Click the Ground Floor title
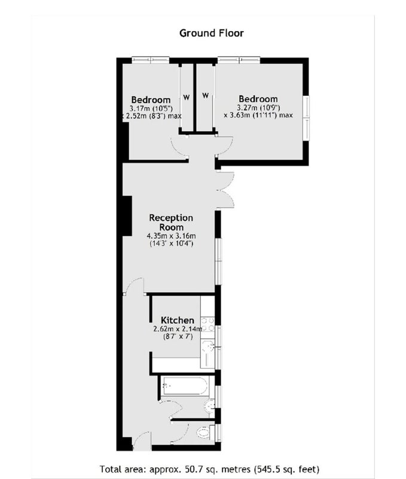coord(212,33)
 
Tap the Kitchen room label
coord(178,320)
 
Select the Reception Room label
coord(171,222)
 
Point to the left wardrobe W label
coord(187,98)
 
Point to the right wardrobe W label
coord(205,96)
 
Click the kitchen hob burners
coord(207,325)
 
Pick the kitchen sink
coord(207,353)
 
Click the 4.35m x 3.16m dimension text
coord(171,236)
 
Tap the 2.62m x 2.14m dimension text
coord(178,329)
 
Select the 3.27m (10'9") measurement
coord(258,108)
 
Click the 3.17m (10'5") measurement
coord(151,108)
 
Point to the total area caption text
coord(209,469)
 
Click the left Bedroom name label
coord(151,99)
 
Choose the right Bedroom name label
coord(258,99)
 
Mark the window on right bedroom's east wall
coord(306,118)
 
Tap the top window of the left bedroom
coord(151,60)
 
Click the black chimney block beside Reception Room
coord(127,216)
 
